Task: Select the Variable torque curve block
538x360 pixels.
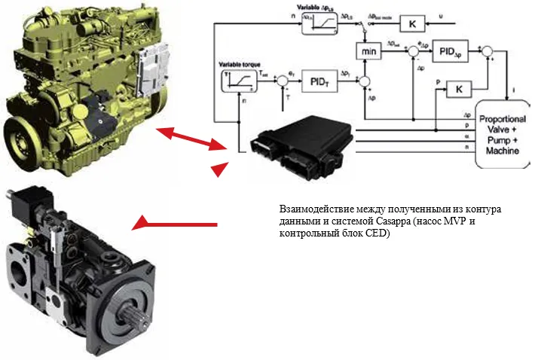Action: click(234, 78)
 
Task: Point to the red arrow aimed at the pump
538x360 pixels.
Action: click(173, 224)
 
